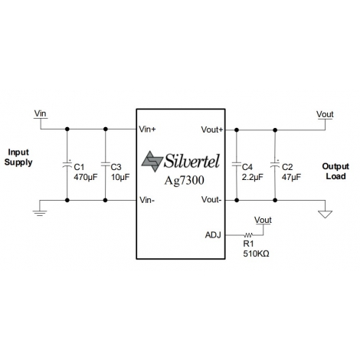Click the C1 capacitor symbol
tap(67, 164)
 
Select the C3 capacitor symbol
tap(105, 164)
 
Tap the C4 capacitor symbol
tap(237, 164)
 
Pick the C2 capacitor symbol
tap(275, 164)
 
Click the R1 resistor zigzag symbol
tap(248, 234)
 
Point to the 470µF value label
tap(86, 177)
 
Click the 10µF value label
tap(120, 177)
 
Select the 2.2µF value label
tap(252, 177)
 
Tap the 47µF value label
tap(291, 177)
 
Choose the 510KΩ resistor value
tap(256, 254)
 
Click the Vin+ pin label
tap(147, 129)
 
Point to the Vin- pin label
tap(147, 200)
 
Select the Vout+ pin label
tap(212, 129)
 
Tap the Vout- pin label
tap(211, 199)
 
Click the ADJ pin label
tap(213, 235)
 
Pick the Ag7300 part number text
tap(184, 181)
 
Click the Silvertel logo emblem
tap(152, 162)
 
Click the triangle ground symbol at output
tap(325, 214)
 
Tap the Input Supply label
tap(18, 157)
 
